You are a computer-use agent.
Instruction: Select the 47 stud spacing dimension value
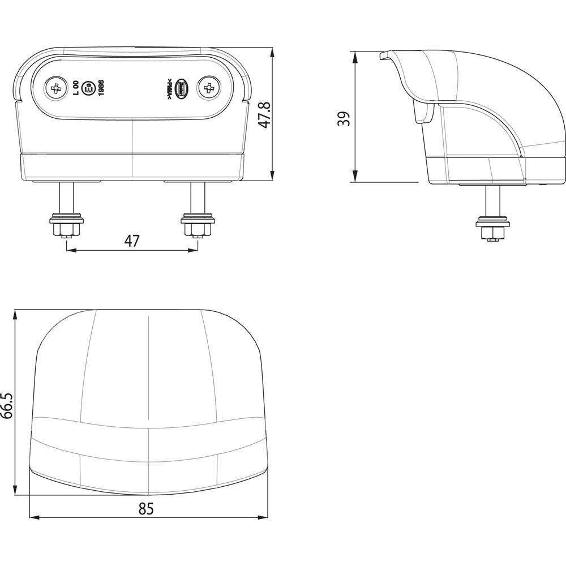click(x=131, y=241)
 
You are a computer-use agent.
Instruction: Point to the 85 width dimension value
click(x=146, y=509)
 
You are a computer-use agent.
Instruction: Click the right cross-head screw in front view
click(x=208, y=88)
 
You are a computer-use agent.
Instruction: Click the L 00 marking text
click(x=76, y=89)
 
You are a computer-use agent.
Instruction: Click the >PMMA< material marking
click(x=169, y=89)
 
